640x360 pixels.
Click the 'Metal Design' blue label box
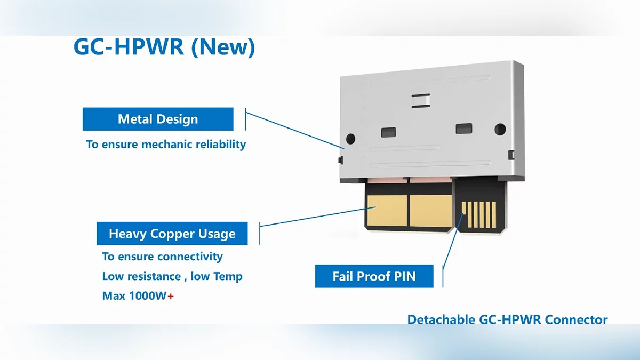click(x=158, y=119)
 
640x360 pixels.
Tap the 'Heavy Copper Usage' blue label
click(x=172, y=234)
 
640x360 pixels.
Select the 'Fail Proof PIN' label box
click(x=374, y=276)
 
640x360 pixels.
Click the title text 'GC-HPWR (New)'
click(x=164, y=47)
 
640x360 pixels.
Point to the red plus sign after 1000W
click(x=171, y=296)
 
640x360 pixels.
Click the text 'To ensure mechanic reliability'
click(x=166, y=144)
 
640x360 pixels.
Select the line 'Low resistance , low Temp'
click(x=172, y=276)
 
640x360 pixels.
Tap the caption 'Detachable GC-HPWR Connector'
click(x=507, y=320)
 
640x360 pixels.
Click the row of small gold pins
click(x=478, y=215)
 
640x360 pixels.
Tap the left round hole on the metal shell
click(x=350, y=138)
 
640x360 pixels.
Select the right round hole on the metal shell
click(x=500, y=129)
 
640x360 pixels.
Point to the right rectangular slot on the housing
click(x=463, y=129)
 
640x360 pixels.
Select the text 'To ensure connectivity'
click(x=162, y=257)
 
